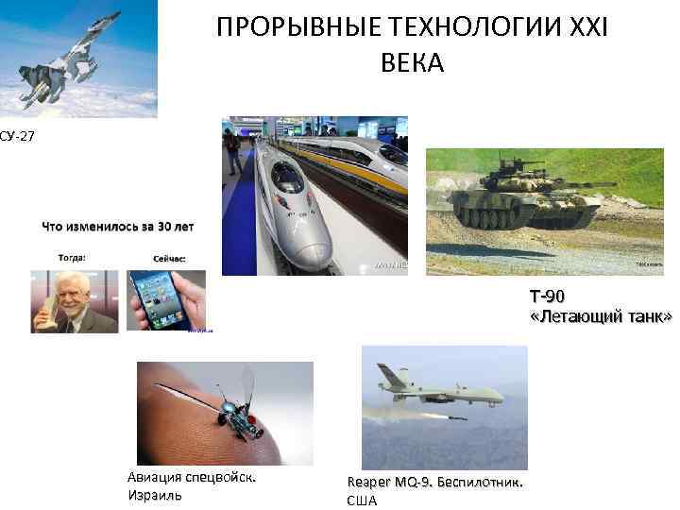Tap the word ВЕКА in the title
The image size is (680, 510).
pyautogui.click(x=412, y=64)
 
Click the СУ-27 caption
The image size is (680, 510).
pyautogui.click(x=17, y=138)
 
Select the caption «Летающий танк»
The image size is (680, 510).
pyautogui.click(x=601, y=317)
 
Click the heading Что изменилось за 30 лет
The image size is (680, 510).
pyautogui.click(x=117, y=227)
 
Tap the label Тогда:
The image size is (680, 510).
pyautogui.click(x=72, y=257)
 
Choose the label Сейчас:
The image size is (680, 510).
pyautogui.click(x=169, y=258)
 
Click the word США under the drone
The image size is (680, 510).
pyautogui.click(x=362, y=501)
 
